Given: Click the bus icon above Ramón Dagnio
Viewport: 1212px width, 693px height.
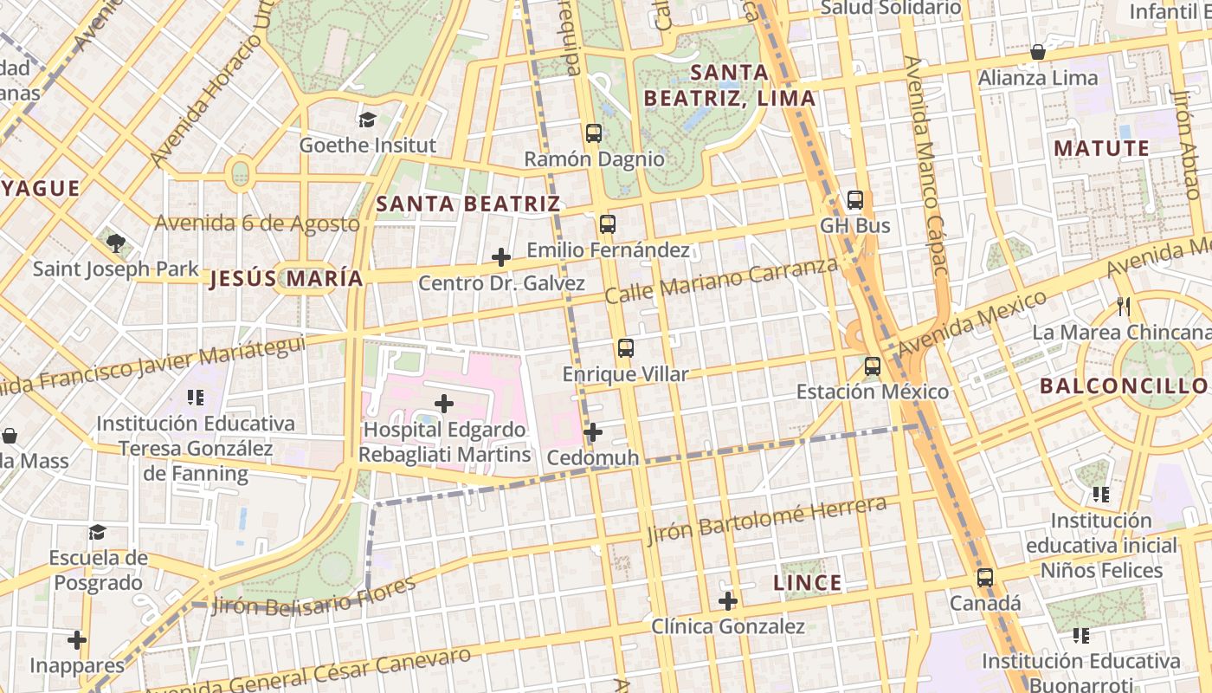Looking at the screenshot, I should click(x=594, y=133).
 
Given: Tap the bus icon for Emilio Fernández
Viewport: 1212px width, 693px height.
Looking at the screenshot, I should click(x=608, y=224).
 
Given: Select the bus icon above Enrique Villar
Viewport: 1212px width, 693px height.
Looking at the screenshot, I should click(x=625, y=348).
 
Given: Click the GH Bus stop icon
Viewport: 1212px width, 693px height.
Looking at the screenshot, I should click(x=855, y=200).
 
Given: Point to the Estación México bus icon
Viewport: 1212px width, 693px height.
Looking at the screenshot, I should click(x=873, y=366).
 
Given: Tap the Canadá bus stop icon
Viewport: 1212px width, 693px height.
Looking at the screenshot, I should click(x=985, y=578).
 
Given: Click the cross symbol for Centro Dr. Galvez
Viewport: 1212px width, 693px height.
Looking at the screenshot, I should click(x=501, y=257).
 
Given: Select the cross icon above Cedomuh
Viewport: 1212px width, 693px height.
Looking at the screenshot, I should click(x=593, y=431).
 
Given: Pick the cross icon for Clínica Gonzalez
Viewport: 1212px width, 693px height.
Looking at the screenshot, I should click(x=728, y=600).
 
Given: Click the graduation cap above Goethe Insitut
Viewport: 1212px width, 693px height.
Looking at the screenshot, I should click(x=368, y=120).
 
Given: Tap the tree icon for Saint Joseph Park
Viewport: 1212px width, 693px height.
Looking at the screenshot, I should click(x=116, y=243).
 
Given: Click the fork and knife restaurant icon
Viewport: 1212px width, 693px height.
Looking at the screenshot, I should click(x=1124, y=306).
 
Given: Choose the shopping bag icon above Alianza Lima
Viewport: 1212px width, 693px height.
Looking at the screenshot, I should click(x=1037, y=52).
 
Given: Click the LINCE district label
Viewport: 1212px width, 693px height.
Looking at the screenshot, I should click(x=807, y=583).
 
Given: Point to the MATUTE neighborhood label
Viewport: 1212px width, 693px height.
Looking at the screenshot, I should click(x=1101, y=148).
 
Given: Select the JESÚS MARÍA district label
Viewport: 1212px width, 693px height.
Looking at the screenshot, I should click(x=287, y=279).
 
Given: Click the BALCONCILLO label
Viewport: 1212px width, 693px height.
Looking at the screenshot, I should click(x=1124, y=385).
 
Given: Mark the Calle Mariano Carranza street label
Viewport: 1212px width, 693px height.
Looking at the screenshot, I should click(x=721, y=280).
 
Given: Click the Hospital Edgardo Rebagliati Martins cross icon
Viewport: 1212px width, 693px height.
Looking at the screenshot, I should click(x=444, y=404).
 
